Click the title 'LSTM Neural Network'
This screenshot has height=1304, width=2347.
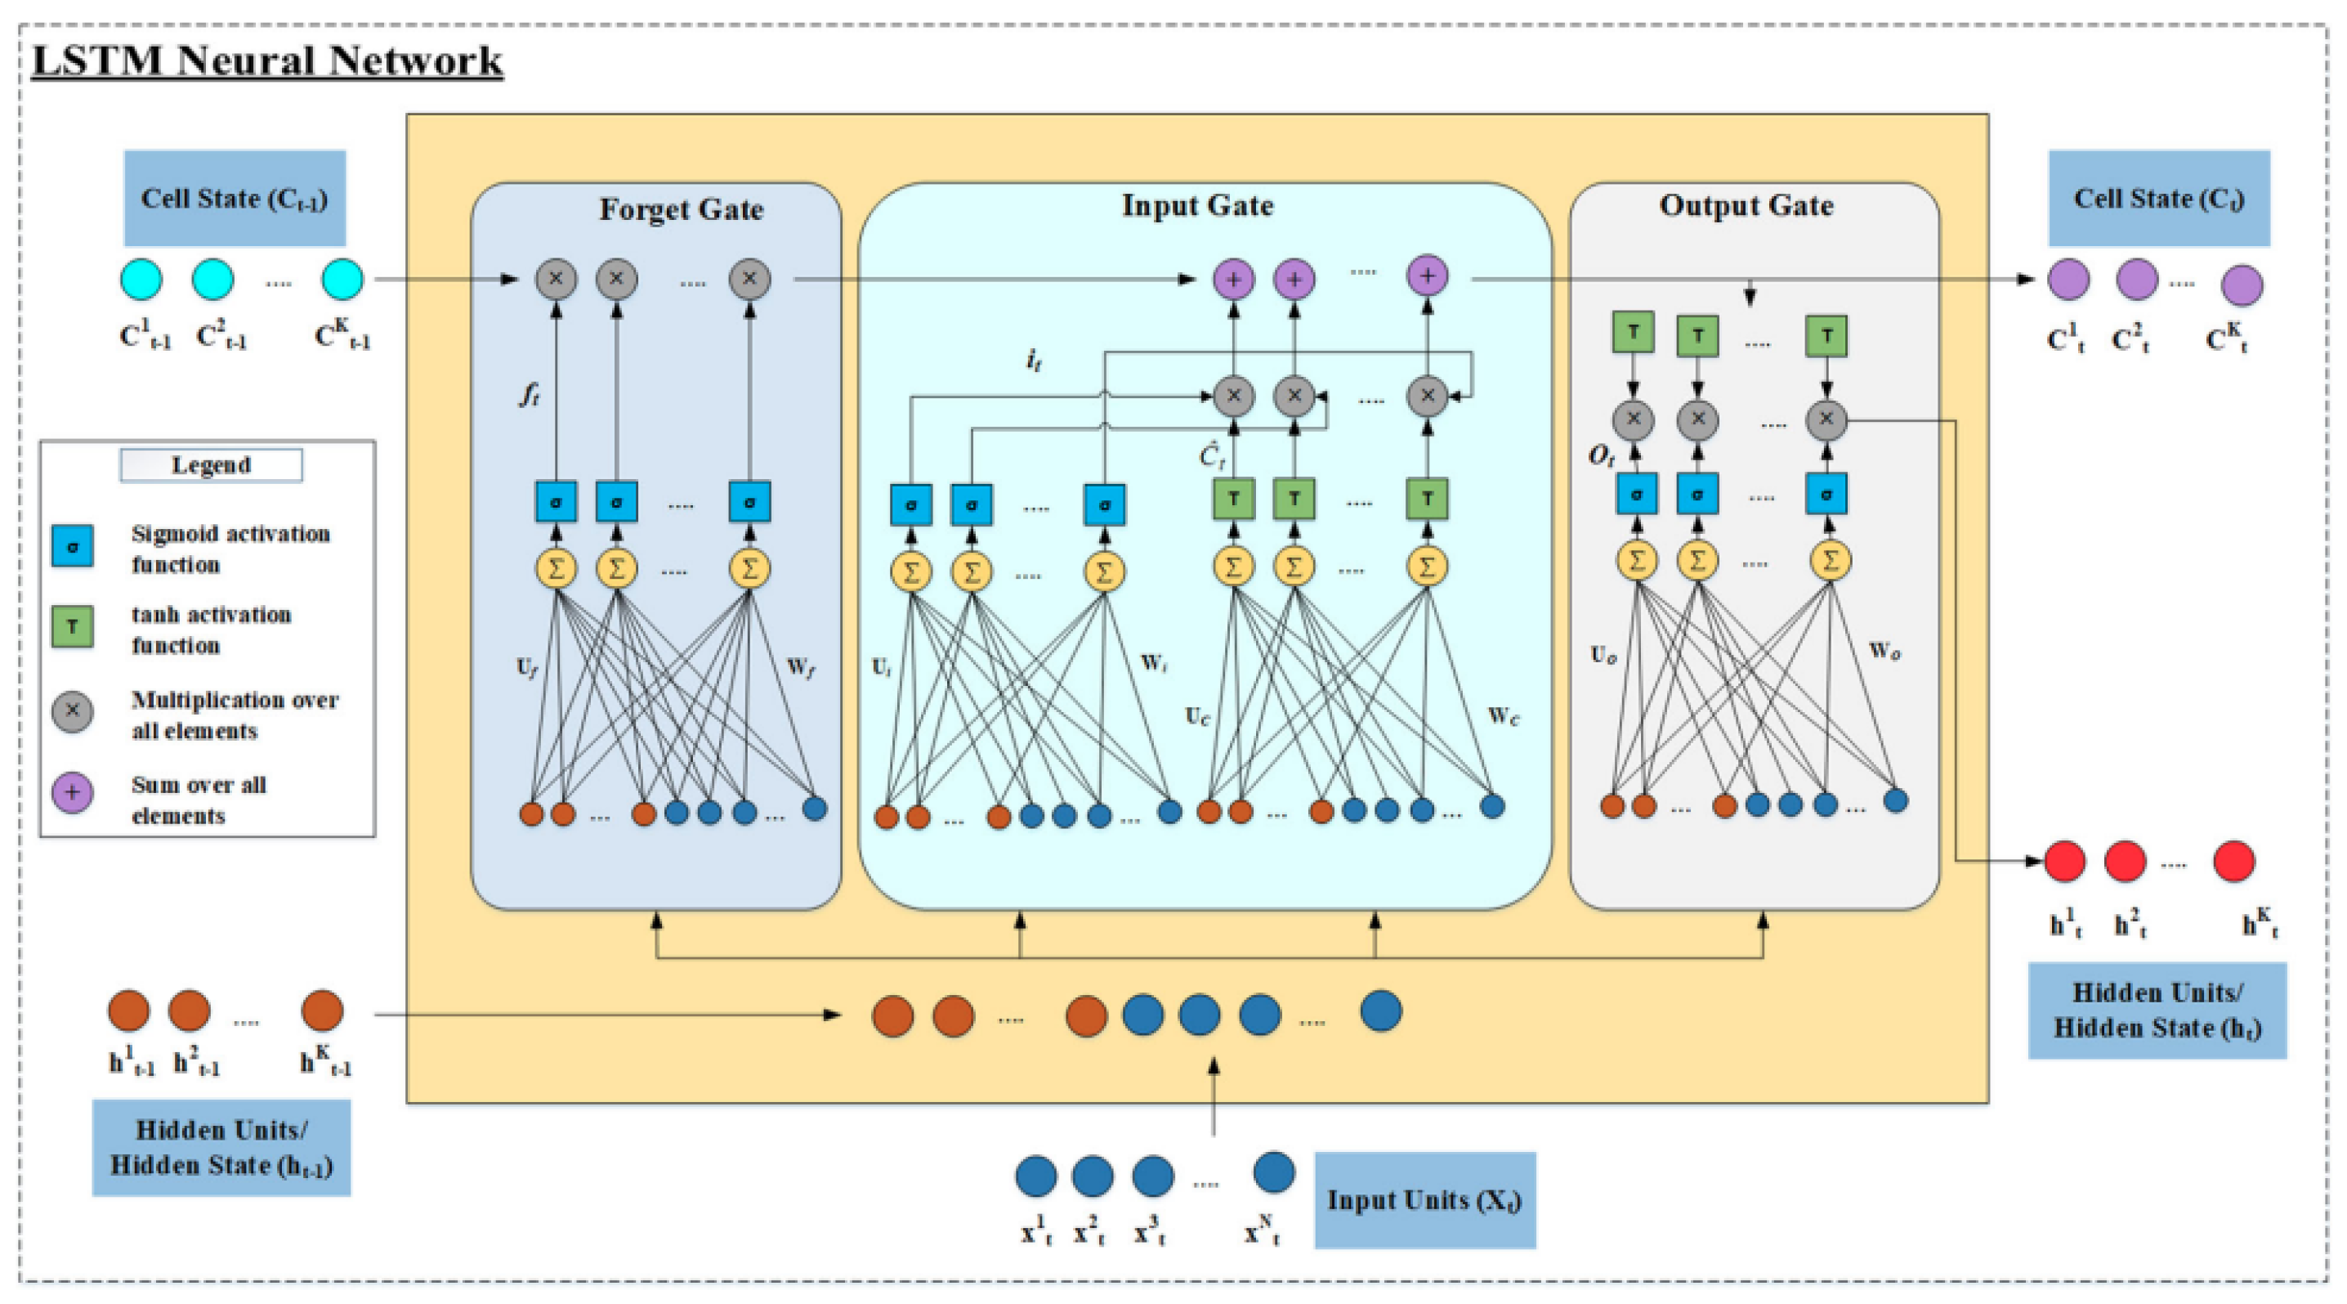pos(267,60)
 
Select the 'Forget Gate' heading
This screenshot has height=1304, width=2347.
pos(681,208)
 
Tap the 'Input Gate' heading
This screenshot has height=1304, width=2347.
pos(1196,205)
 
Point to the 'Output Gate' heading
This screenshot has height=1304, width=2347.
pos(1746,205)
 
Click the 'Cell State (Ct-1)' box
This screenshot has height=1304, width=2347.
pos(235,198)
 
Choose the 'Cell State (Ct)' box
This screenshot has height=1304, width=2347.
pos(2158,198)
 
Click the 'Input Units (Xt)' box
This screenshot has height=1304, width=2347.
pos(1424,1200)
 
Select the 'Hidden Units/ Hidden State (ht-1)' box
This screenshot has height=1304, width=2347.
pos(221,1147)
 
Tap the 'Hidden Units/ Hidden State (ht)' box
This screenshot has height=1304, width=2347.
pos(2157,1010)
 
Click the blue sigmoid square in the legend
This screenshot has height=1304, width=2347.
pos(72,546)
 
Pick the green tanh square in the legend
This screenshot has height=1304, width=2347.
pos(72,626)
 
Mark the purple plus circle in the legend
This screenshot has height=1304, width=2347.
pos(72,793)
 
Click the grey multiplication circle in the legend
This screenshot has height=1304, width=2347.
pos(72,710)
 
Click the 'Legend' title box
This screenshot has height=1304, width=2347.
pos(211,464)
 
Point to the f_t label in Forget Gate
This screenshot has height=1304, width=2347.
pos(530,394)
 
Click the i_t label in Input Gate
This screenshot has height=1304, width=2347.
pos(1032,360)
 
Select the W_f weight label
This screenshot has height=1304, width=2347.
pos(800,668)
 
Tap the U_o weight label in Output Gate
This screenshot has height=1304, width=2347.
pos(1603,654)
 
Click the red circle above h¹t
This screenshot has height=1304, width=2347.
pos(2064,861)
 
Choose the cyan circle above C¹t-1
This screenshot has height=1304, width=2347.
pos(141,279)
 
